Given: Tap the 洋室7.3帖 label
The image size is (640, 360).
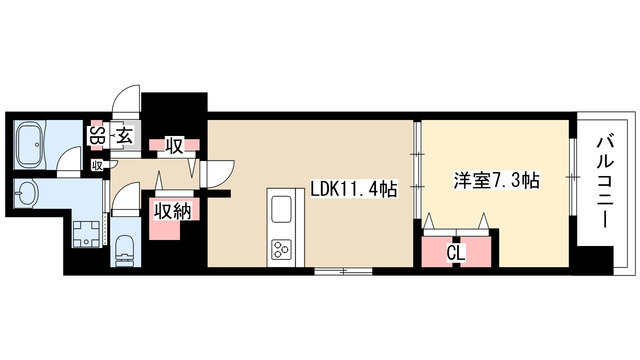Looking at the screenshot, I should pos(497,181).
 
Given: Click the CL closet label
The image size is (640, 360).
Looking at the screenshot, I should pos(456,252).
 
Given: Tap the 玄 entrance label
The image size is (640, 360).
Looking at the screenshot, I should pos(125,136).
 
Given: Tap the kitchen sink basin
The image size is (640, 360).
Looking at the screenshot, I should pos(279,210).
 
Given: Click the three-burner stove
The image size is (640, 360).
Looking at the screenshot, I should pos(280,247).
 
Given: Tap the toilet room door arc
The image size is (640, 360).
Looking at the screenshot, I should pos(122,199).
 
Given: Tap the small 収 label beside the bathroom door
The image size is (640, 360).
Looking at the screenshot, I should pos(97,165).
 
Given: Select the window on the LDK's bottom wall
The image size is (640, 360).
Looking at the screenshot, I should pos(344,271).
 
